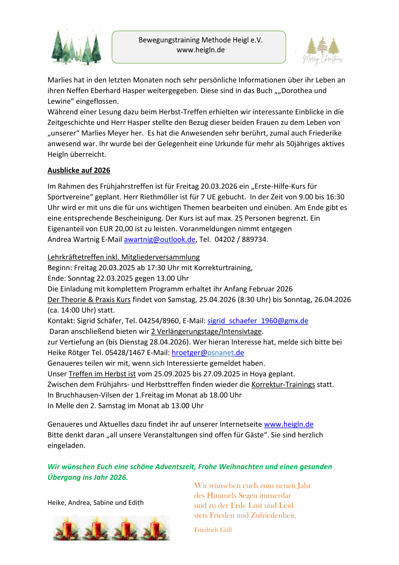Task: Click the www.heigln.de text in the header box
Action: pyautogui.click(x=201, y=50)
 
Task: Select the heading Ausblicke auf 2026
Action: pyautogui.click(x=79, y=171)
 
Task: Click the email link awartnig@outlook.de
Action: pyautogui.click(x=160, y=239)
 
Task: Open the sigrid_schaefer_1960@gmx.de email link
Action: pyautogui.click(x=258, y=321)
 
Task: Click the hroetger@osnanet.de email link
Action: pyautogui.click(x=208, y=353)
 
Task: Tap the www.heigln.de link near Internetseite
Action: pyautogui.click(x=289, y=424)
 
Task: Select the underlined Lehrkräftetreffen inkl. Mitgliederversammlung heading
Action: pyautogui.click(x=123, y=257)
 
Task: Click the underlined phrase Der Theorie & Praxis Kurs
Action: pyautogui.click(x=89, y=300)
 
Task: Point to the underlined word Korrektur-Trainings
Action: pyautogui.click(x=283, y=385)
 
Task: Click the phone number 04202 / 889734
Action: pyautogui.click(x=241, y=239)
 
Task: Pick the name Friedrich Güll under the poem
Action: pyautogui.click(x=213, y=530)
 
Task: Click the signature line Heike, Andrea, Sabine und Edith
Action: pyautogui.click(x=96, y=503)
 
